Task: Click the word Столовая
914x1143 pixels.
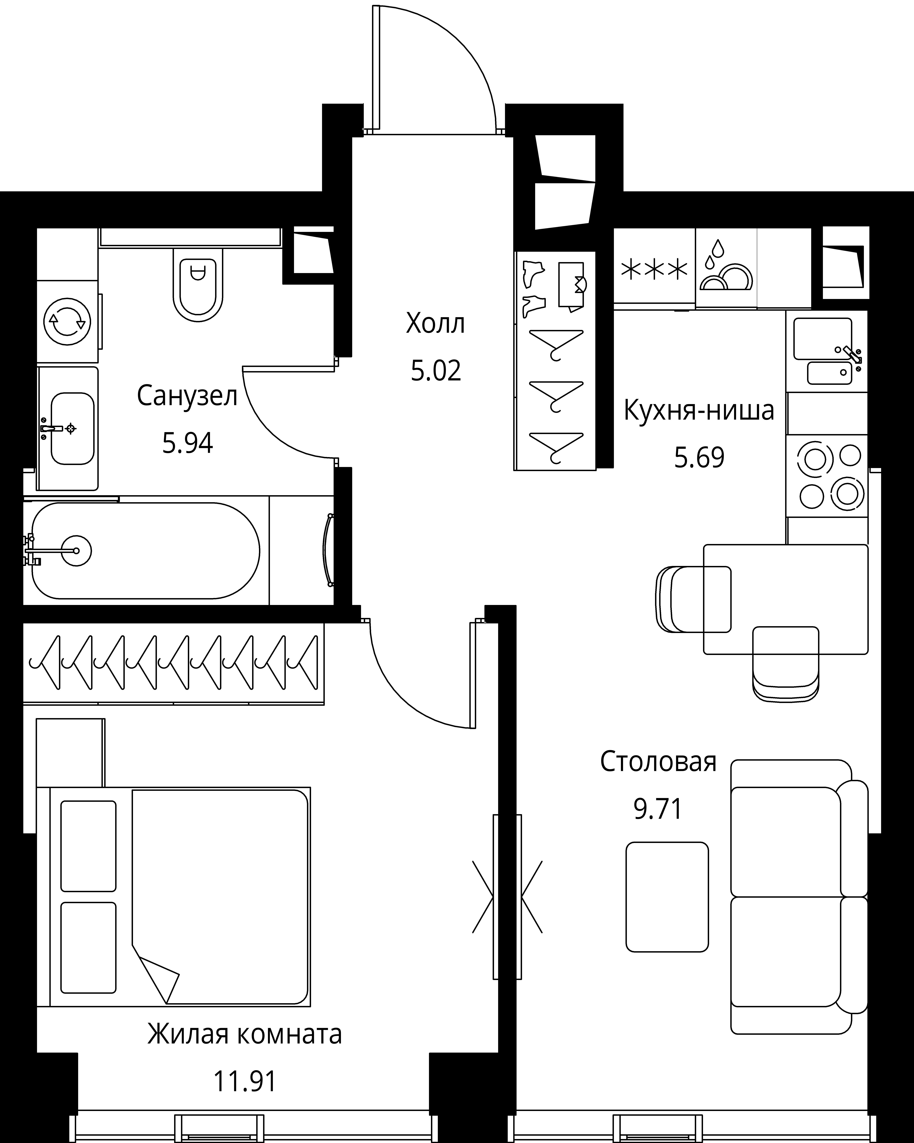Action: pyautogui.click(x=658, y=762)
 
